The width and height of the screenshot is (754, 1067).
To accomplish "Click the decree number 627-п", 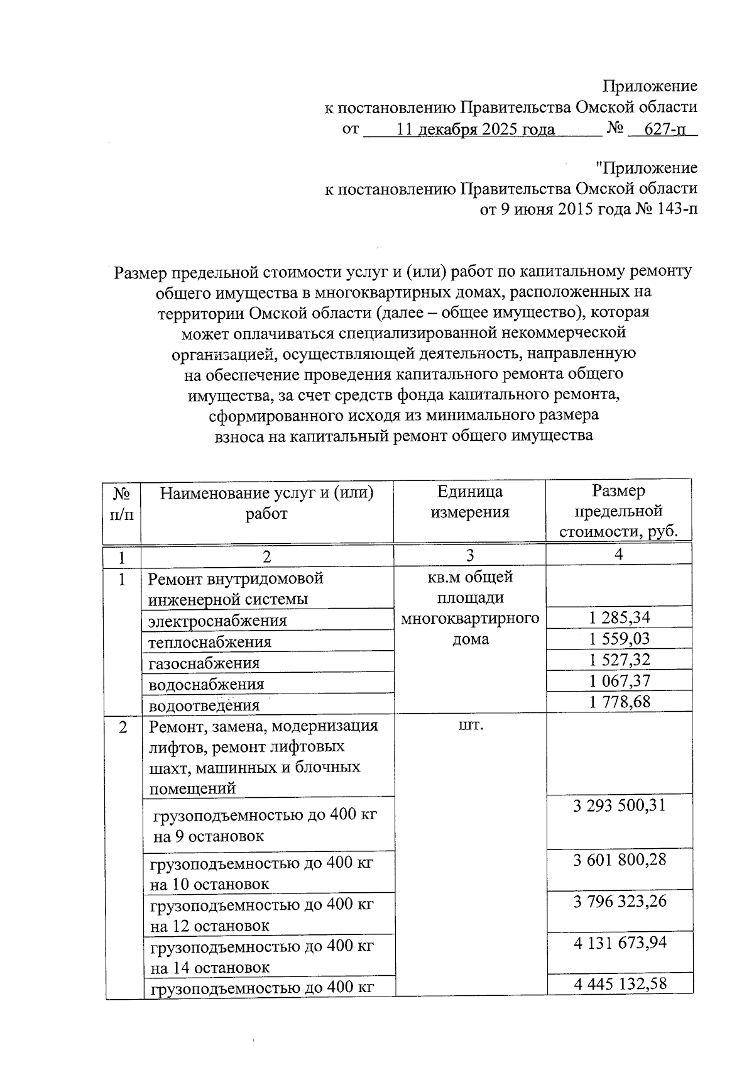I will [665, 130].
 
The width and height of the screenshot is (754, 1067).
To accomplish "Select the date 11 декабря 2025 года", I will [476, 130].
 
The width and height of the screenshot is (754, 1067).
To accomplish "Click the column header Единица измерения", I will [469, 502].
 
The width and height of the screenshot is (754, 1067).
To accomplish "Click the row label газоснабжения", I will [204, 663].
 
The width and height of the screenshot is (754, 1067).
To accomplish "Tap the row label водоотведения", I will [204, 705].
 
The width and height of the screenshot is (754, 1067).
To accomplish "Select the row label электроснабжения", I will [217, 621].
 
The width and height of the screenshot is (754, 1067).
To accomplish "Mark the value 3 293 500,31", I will [619, 805].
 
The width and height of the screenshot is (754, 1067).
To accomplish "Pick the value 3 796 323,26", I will [619, 902].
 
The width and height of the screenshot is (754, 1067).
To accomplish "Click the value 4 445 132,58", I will [619, 984].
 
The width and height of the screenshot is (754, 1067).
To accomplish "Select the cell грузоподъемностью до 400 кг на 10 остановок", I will [261, 873].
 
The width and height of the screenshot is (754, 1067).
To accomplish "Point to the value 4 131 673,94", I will [619, 943].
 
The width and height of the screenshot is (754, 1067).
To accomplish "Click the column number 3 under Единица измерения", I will [469, 555].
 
